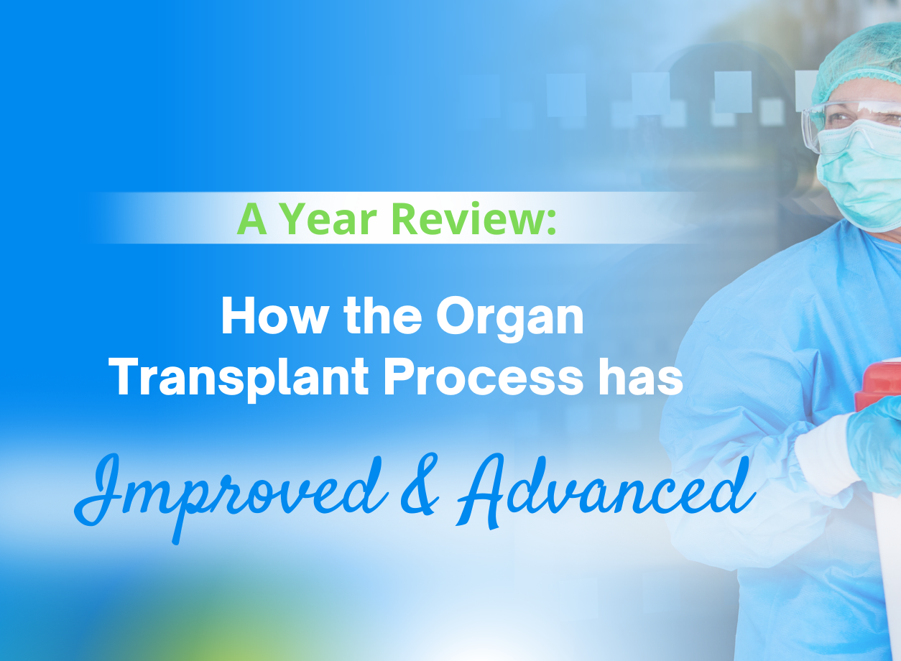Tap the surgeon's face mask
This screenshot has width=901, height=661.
(x=861, y=172)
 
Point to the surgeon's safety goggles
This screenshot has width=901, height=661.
(x=848, y=119)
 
